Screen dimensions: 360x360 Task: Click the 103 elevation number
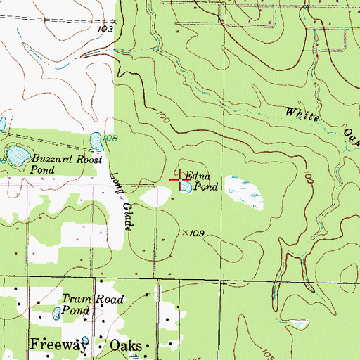pos(106,30)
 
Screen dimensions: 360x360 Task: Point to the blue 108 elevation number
pos(109,137)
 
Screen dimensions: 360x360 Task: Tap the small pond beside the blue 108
pos(96,141)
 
